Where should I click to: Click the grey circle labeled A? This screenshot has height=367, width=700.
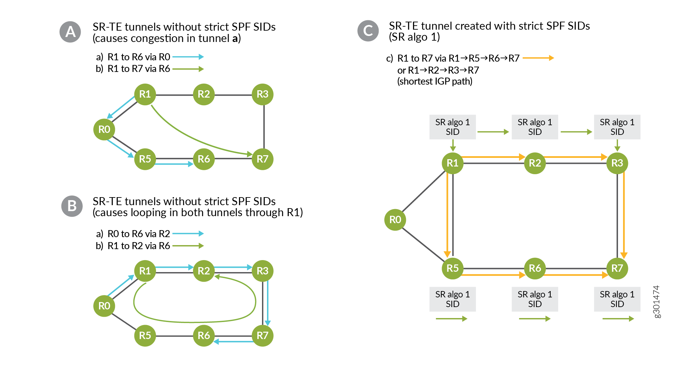[70, 32]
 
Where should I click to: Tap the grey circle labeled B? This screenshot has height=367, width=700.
[72, 206]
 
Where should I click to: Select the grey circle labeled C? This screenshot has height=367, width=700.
[368, 31]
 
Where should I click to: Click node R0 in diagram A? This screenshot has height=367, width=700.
[104, 129]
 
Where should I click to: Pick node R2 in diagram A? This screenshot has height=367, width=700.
[204, 94]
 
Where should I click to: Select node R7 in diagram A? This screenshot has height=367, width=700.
[262, 159]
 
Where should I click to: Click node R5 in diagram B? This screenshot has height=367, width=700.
[145, 335]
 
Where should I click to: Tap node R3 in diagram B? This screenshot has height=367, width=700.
[262, 271]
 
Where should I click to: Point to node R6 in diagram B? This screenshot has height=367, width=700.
[204, 335]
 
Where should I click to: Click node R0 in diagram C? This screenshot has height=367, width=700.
[395, 220]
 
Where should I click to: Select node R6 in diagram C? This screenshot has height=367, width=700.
[535, 268]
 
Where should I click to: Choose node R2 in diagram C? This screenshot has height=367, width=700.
[535, 163]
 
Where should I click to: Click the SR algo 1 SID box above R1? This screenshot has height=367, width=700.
[452, 127]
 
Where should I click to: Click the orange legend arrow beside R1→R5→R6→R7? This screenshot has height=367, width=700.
[538, 58]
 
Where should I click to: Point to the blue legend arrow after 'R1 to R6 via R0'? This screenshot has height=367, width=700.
[188, 57]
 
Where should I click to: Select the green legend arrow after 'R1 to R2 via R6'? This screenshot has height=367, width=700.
[188, 246]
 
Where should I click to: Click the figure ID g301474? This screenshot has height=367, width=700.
[656, 301]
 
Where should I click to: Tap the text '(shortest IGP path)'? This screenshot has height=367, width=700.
[434, 81]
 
